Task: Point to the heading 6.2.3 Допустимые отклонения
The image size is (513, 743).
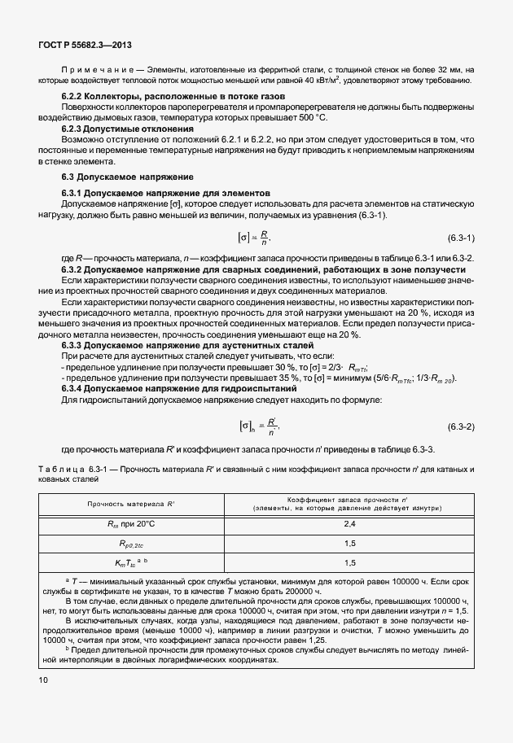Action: tap(128, 129)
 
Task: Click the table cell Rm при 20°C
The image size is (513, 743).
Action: tap(130, 525)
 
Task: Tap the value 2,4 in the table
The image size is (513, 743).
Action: tap(349, 525)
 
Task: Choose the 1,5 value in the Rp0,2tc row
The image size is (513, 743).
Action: tap(349, 544)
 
